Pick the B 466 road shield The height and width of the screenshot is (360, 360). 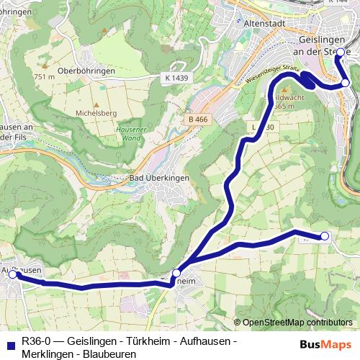pos(195,119)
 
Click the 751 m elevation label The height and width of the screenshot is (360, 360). pos(44,76)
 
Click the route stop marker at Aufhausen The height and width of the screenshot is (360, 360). pos(12,274)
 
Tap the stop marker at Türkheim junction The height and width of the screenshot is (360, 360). pos(176,274)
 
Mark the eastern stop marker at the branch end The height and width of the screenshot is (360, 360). pos(325,236)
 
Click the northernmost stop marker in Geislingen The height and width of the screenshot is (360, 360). pos(340,53)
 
